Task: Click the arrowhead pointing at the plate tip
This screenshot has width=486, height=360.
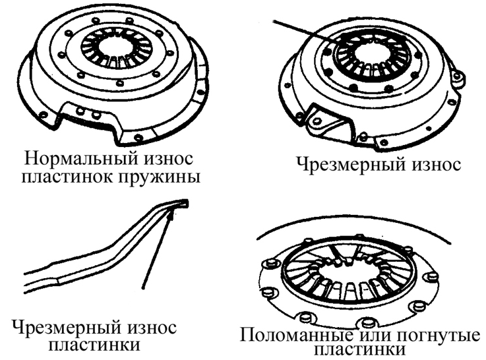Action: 173,213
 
